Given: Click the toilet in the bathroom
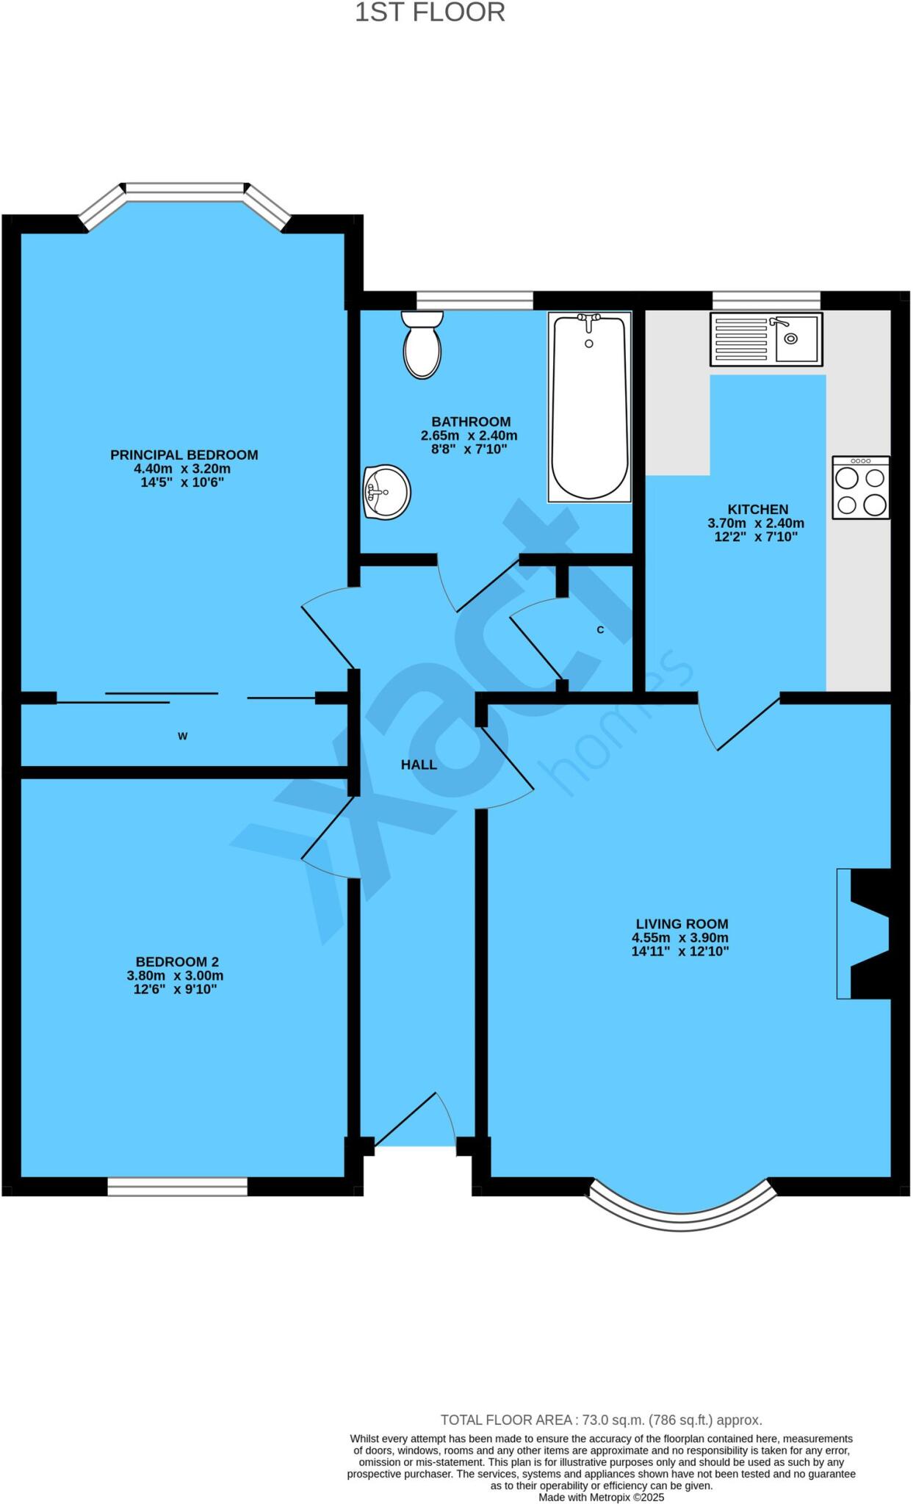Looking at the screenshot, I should coord(422,345).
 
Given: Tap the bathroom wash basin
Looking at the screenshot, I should coord(386,491).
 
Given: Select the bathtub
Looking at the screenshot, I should coord(589,408).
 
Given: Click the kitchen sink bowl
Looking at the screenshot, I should coord(796,339).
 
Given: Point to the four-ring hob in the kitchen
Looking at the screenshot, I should coord(860,488).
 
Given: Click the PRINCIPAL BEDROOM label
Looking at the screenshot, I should coord(184,455).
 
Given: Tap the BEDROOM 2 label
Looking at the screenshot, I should coord(177,961).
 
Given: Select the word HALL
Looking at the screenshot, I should coord(419,764).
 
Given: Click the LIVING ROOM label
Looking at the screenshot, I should coord(682,924).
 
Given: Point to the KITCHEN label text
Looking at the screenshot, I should coord(757,509).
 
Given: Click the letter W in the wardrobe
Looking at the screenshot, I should coord(182,736).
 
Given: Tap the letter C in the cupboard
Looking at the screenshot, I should coord(600,630).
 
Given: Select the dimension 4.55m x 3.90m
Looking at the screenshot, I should coord(679,938).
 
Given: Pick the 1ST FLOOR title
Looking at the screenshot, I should coord(430,13).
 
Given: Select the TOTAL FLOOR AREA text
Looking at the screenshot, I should coord(600,1420).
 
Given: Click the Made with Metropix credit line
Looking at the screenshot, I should coord(601,1497).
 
